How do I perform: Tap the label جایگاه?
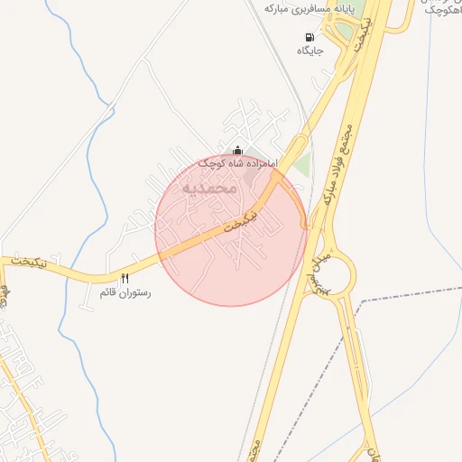310,51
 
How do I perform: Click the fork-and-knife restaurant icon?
125,279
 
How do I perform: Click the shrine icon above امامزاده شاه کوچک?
237,150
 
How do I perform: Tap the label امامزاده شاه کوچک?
237,163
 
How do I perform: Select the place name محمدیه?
208,189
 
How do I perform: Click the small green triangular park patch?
302,166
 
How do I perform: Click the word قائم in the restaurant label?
107,293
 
